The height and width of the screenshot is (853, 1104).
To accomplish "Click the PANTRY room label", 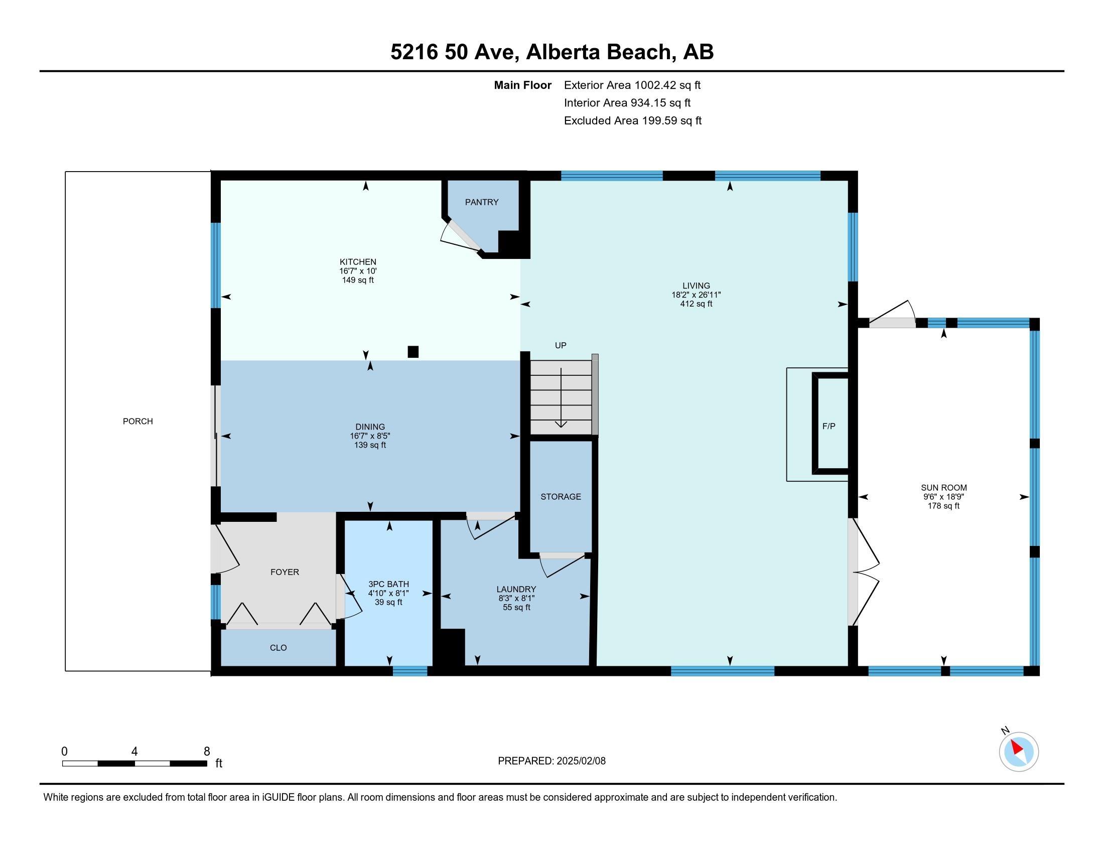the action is (482, 202).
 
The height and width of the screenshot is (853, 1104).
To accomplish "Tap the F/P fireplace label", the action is (829, 426).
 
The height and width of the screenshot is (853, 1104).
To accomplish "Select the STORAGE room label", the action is (561, 497).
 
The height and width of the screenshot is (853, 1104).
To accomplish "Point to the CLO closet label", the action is (279, 648).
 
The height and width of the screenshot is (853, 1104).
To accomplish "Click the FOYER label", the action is (285, 572).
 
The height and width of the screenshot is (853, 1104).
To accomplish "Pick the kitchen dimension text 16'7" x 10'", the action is (358, 271).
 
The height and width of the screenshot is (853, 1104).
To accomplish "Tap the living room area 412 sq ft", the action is (696, 304).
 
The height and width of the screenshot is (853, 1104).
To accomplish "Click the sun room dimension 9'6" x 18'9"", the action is (943, 497).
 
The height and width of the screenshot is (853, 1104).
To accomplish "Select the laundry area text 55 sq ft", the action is (516, 608).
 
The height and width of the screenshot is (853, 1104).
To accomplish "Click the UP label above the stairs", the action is (561, 346).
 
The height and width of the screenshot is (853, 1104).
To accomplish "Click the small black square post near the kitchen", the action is (413, 352).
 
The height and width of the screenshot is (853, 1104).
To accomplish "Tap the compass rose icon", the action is (1019, 752).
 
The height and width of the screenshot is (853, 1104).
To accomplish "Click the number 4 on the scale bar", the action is (134, 752).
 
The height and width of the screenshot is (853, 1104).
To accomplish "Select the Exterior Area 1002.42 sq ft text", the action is (632, 85).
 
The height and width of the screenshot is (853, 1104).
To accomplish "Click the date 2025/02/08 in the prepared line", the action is (580, 761).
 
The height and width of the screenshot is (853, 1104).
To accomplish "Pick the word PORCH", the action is (137, 421).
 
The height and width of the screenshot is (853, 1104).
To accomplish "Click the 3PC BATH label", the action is (388, 584).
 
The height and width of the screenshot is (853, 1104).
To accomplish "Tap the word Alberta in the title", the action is (563, 52).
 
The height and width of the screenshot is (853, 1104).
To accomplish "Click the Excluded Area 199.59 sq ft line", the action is (633, 121).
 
